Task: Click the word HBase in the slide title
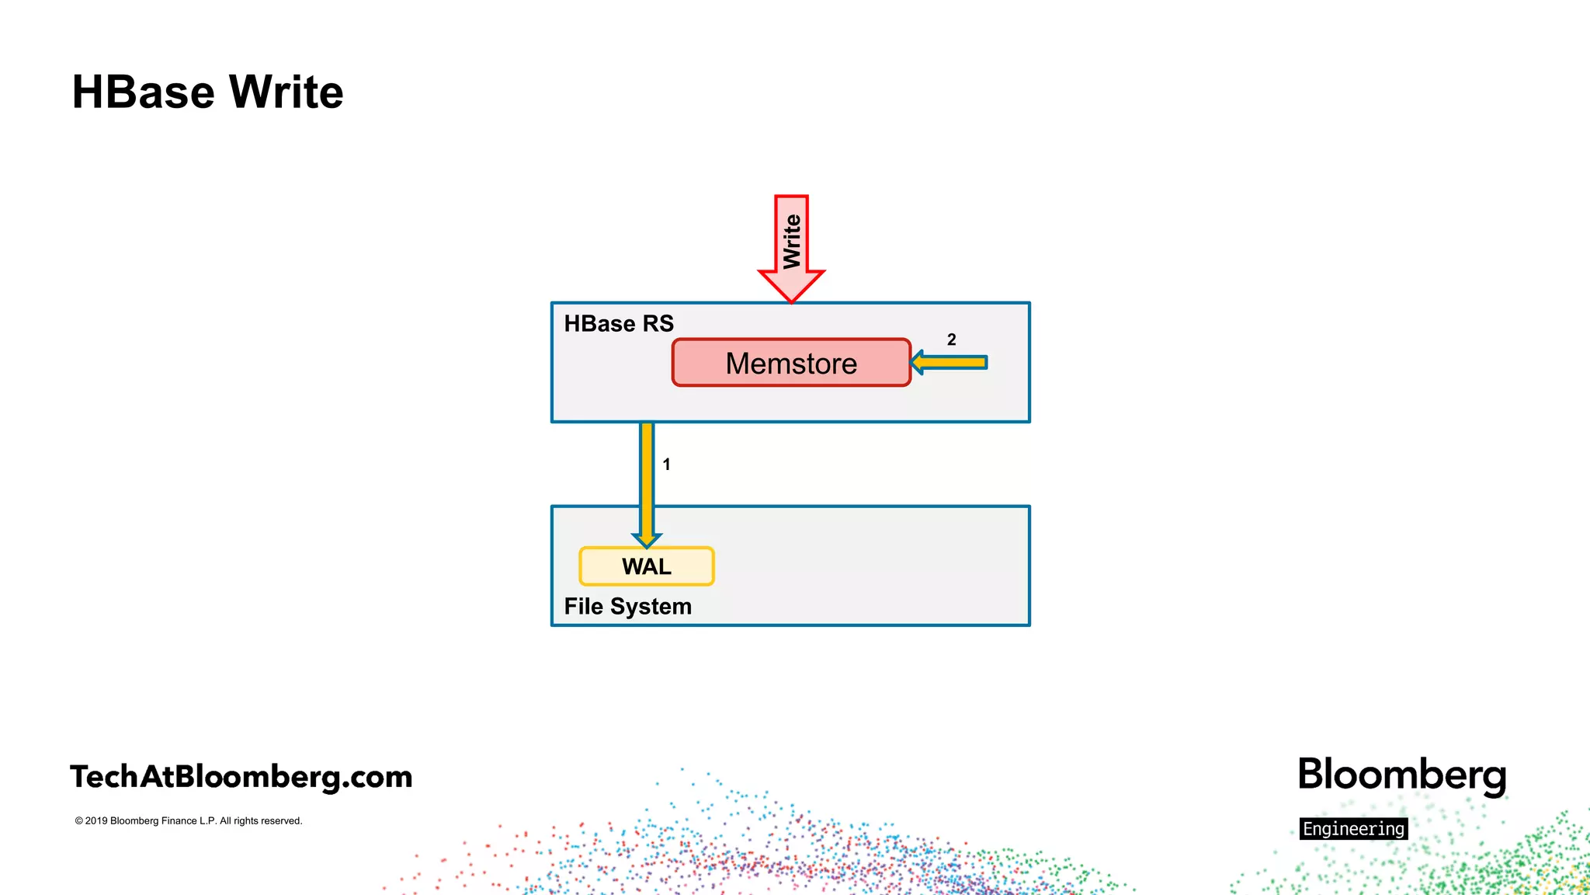tap(143, 92)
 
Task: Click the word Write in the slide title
tap(286, 92)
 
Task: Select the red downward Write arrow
tap(791, 241)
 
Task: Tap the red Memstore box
tap(790, 363)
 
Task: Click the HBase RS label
tap(618, 323)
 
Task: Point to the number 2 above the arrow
tap(951, 340)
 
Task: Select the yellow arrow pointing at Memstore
tap(950, 362)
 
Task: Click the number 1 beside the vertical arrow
tap(666, 465)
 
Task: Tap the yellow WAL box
tap(646, 566)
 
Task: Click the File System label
tap(627, 606)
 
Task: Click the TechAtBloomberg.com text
tap(241, 776)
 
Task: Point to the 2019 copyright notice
tap(189, 820)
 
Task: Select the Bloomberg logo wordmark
tap(1401, 775)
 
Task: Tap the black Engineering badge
tap(1353, 829)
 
